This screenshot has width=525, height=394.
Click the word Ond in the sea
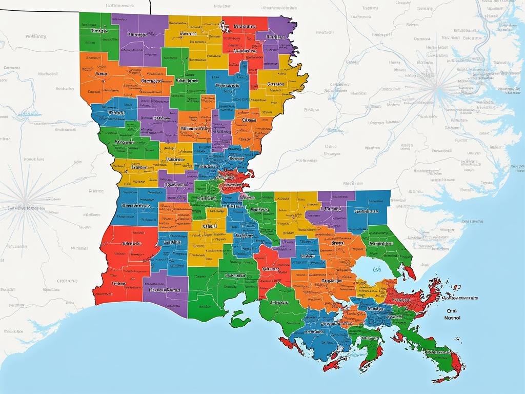452,310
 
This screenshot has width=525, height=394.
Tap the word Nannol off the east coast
451,318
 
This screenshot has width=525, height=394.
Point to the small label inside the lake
377,269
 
